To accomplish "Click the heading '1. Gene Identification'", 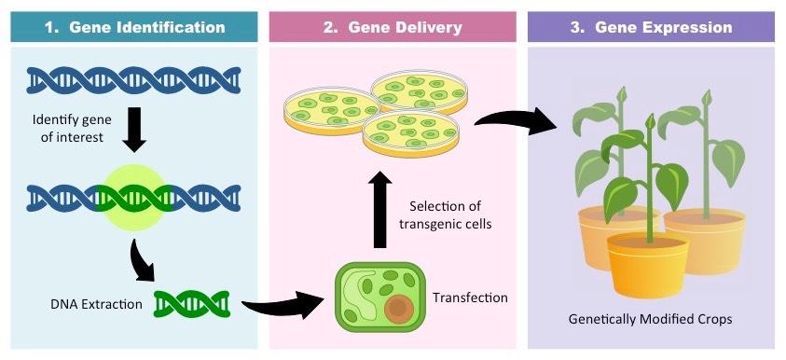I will pos(135,27).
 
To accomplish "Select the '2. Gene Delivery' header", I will pos(393,27).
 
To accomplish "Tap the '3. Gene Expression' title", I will pos(651,27).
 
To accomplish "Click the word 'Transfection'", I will pos(470,298).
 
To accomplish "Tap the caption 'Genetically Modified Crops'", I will pos(650,319).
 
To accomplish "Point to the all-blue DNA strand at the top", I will pos(135,82).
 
